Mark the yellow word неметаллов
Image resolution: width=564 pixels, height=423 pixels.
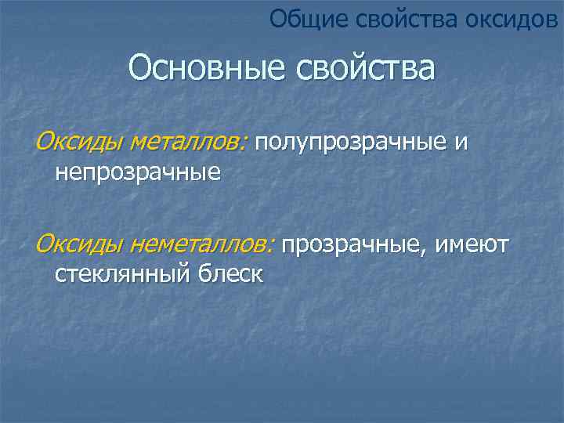click(x=201, y=246)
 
